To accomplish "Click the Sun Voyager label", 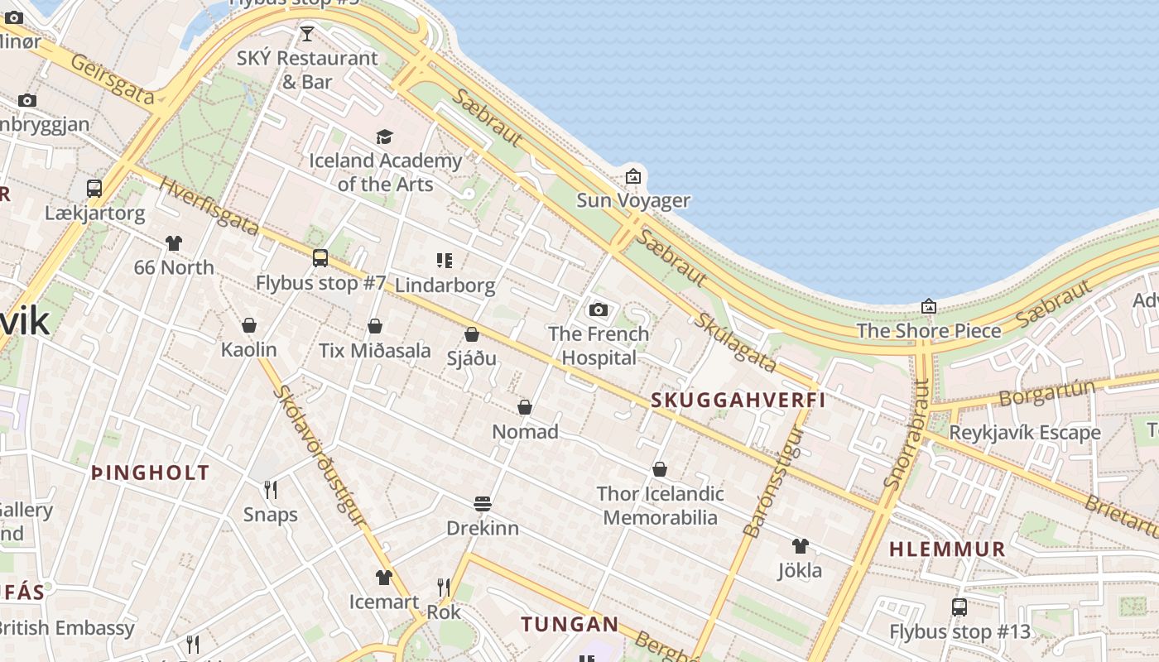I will point(633,200).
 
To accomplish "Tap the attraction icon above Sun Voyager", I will point(633,175).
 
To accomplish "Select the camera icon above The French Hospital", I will point(599,310).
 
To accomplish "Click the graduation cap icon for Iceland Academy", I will point(384,137).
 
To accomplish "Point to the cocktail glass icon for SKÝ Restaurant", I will point(307,34).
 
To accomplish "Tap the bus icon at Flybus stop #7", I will point(320,258).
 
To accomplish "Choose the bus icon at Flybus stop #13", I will point(959,607).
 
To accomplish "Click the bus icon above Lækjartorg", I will point(94,189).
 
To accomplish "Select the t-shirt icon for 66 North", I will point(174,243).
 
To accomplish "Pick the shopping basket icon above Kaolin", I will point(248,325).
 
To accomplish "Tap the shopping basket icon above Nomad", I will point(524,407).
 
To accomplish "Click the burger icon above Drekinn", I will point(483,503).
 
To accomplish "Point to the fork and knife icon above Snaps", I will point(270,490).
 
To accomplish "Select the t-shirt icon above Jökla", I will point(800,546).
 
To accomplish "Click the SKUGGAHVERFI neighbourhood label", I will point(738,401).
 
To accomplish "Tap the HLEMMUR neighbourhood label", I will point(947,549).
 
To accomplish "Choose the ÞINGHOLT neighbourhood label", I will point(150,473).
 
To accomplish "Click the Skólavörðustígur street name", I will point(320,456).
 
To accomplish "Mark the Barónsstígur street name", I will point(773,482).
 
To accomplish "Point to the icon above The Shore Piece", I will point(929,306).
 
